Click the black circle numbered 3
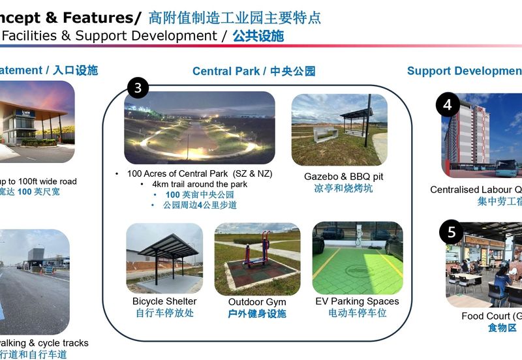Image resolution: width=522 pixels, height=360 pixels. point(138,87)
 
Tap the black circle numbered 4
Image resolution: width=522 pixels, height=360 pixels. point(448,104)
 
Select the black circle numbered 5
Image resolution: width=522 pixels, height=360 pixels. point(452,232)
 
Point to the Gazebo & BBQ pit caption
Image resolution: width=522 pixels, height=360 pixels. point(343,177)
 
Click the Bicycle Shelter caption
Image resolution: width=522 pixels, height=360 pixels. point(164,301)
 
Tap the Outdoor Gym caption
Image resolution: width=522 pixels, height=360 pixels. point(257,302)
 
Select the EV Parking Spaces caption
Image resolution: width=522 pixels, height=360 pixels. point(357,301)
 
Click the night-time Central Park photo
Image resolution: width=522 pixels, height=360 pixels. point(199,128)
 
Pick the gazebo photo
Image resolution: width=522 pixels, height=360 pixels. point(339,128)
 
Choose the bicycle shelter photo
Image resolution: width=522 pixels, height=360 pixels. point(164,258)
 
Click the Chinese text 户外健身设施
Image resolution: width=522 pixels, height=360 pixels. point(257,314)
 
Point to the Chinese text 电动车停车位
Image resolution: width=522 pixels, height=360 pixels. point(357,313)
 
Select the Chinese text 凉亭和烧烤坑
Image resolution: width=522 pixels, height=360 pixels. point(343,188)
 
